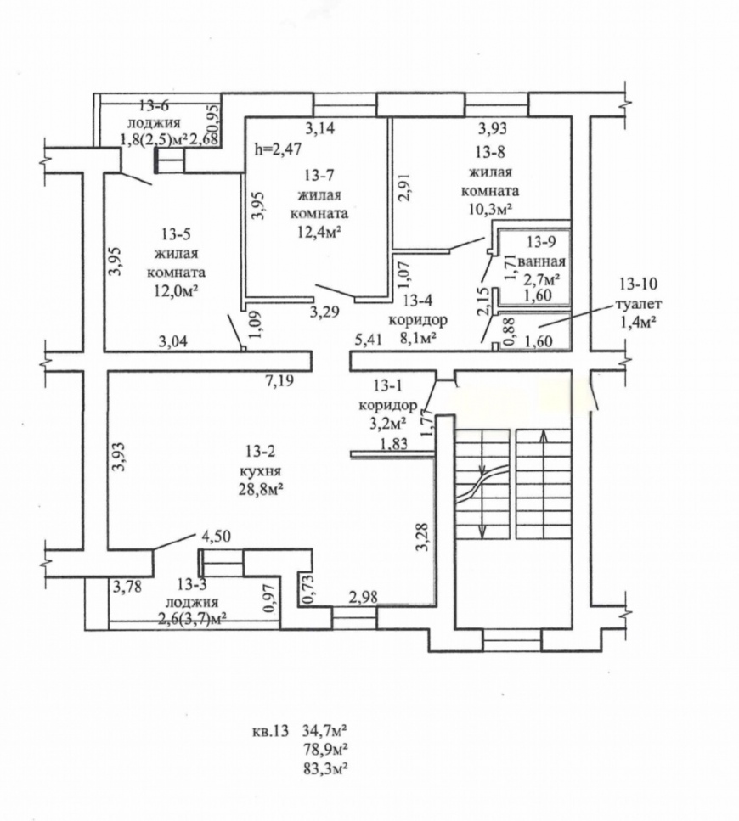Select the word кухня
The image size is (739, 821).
260,470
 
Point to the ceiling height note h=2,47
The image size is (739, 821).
278,149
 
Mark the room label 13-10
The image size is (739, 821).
638,284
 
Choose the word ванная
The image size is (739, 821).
542,261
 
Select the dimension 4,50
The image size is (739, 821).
215,537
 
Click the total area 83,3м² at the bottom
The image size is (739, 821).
326,768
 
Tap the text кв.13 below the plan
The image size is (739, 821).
270,731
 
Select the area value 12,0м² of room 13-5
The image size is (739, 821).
177,291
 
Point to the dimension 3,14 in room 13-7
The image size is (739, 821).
319,127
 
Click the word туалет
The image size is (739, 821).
639,304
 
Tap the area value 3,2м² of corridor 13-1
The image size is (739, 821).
389,423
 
